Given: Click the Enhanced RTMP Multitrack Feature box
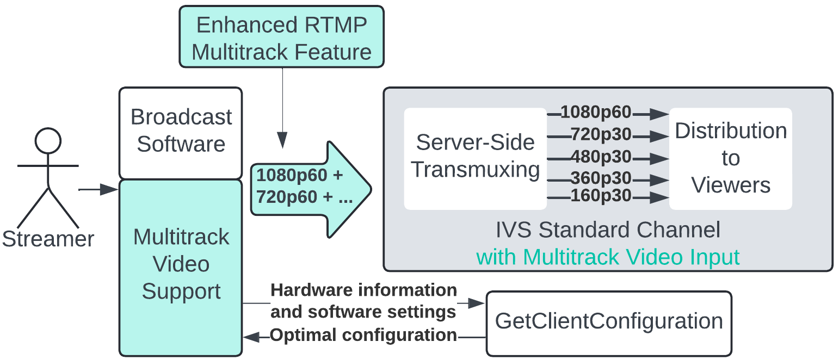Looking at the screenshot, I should (281, 37).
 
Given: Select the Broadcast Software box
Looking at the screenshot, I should (181, 132).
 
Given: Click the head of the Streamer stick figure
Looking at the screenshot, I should (48, 140).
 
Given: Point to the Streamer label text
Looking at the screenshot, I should (48, 239).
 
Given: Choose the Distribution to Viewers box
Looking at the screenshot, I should (730, 158).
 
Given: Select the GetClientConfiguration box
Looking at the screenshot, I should (608, 322).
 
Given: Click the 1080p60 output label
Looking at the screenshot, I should (596, 113).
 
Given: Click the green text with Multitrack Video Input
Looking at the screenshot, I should (608, 257).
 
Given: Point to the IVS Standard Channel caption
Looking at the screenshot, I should (608, 230).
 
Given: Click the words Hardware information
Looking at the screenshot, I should (363, 290).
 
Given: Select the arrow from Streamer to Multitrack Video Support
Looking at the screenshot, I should (98, 190).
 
